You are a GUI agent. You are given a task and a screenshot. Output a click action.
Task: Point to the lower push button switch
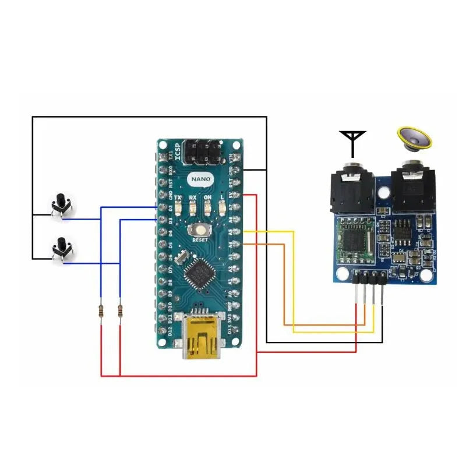click(59, 249)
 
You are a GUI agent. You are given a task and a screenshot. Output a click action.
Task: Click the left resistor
click(102, 313)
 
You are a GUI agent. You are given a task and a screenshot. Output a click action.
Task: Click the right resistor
click(120, 313)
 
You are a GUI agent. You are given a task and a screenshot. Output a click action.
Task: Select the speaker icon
click(415, 138)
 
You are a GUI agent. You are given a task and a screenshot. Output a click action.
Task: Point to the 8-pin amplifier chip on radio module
click(402, 231)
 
